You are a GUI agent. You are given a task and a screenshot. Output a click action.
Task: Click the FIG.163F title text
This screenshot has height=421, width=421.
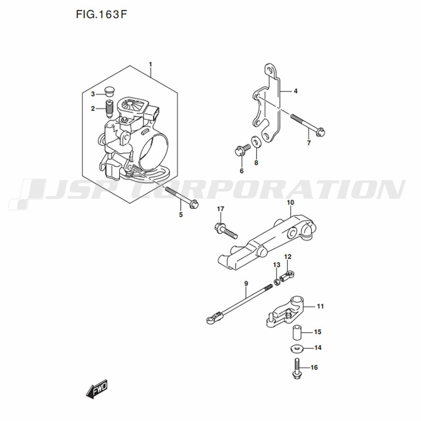(x=101, y=14)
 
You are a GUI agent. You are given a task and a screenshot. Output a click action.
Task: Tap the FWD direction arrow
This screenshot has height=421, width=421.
(x=97, y=389)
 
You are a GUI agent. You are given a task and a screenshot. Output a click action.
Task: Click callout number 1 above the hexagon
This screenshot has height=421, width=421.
(x=150, y=64)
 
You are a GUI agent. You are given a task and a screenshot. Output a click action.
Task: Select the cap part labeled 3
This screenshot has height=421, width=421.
(x=109, y=91)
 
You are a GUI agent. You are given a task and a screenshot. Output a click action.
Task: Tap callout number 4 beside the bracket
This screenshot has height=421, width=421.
(x=296, y=91)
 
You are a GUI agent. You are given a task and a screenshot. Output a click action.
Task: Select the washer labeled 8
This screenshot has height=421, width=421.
(x=256, y=141)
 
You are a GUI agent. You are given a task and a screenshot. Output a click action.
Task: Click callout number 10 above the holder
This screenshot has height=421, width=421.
(x=290, y=202)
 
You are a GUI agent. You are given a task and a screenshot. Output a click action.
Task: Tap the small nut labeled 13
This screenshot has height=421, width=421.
(x=277, y=282)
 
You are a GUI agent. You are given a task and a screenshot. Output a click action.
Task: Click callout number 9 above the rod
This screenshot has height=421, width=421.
(x=246, y=283)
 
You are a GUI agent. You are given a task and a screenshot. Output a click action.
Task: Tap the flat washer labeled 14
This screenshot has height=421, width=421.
(x=297, y=349)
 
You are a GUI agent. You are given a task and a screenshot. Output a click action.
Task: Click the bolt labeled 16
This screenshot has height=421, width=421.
(x=296, y=369)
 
